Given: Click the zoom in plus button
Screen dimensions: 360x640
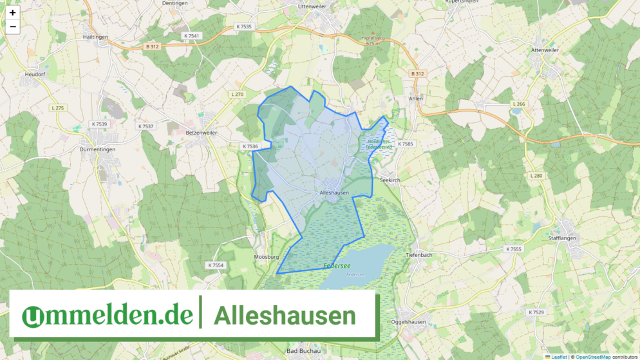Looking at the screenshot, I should coord(12,12).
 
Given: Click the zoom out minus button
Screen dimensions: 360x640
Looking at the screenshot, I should coord(12,26).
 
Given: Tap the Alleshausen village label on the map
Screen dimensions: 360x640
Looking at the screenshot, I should coord(335,193).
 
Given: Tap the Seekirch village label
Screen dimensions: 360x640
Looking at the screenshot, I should coord(390,181).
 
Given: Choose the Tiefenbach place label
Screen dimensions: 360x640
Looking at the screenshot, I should coord(422,255).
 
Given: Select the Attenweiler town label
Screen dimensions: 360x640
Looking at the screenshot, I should coord(545,50).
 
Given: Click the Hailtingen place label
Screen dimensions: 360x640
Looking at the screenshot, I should coord(95,37).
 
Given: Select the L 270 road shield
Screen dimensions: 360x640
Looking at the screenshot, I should coord(238,95).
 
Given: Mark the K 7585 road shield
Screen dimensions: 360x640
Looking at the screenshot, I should coord(405,144).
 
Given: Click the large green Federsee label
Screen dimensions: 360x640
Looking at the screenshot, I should coord(336,266).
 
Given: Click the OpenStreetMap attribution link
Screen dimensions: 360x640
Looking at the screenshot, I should coord(592,356).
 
